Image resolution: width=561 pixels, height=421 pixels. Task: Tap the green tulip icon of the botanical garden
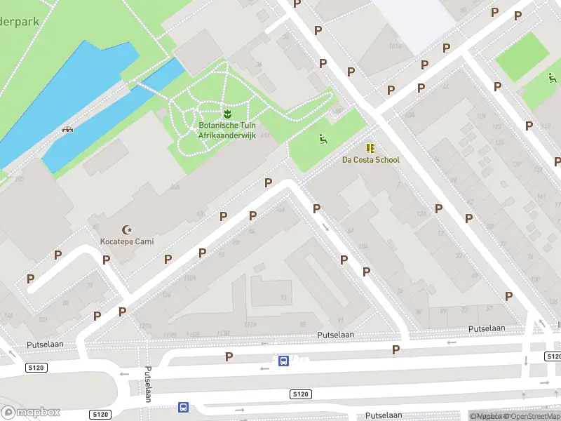pos(227,113)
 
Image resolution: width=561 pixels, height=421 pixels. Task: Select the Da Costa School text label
pos(370,160)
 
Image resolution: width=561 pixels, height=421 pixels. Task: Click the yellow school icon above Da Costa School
pos(370,148)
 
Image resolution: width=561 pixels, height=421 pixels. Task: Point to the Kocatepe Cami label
pos(127,241)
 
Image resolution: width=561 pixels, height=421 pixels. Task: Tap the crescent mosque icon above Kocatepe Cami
pos(127,229)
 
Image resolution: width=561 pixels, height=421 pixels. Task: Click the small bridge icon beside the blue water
pos(68,129)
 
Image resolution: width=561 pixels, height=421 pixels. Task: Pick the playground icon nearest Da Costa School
pos(323,138)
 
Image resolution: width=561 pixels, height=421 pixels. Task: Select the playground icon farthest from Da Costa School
pos(551,77)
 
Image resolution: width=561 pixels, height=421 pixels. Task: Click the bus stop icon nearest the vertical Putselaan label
pos(183,407)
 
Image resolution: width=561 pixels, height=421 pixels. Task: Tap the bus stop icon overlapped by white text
pos(283,361)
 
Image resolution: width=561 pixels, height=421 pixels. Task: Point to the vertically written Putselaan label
pos(148,384)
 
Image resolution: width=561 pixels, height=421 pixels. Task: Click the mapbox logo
pos(31,412)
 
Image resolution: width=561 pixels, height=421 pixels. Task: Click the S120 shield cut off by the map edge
pos(553,356)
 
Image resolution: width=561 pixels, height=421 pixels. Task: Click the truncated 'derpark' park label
pos(19,21)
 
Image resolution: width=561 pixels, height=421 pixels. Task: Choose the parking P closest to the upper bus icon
pos(229,357)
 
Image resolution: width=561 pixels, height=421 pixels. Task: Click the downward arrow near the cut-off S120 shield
pos(525,361)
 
